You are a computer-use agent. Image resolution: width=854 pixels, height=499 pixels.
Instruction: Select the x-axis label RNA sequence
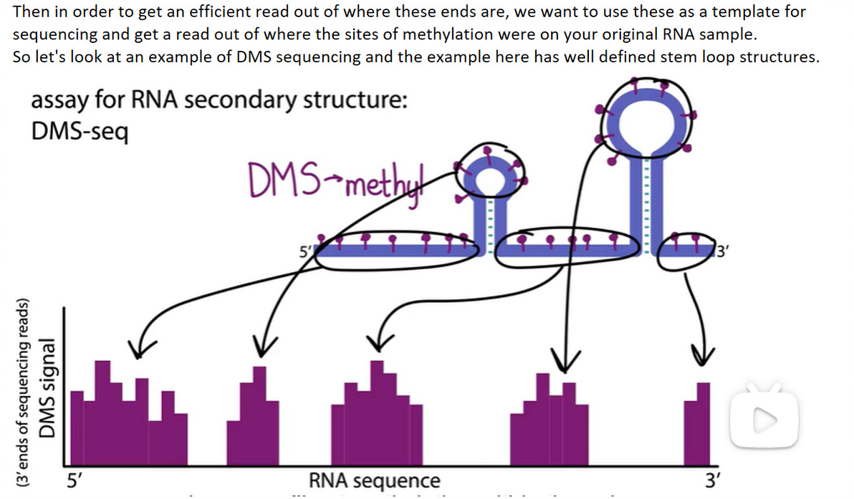pos(375,480)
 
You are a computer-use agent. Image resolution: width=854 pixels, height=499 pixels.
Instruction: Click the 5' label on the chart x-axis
pos(73,480)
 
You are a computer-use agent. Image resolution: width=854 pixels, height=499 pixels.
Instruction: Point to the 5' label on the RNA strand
pos(305,251)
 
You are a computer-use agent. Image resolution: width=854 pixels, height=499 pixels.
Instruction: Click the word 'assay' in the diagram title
pos(59,102)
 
